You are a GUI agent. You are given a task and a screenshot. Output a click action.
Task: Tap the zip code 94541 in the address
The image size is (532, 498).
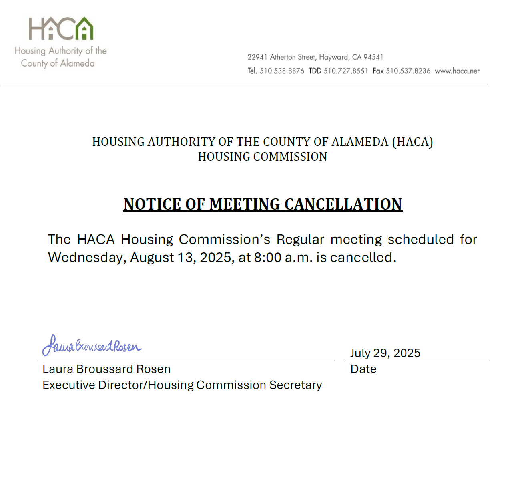tap(373, 57)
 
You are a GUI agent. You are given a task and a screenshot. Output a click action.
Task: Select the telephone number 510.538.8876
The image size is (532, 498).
tap(282, 71)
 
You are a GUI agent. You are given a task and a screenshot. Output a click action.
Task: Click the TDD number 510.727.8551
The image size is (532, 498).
tap(345, 71)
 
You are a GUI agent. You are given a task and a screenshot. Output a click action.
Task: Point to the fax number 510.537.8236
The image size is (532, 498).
tap(408, 71)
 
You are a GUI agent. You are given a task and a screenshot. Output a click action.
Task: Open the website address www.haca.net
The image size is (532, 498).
tap(457, 71)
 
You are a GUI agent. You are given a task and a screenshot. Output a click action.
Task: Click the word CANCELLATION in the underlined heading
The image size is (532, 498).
tap(343, 204)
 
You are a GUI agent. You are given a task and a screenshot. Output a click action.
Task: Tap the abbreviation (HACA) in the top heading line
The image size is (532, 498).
tap(412, 142)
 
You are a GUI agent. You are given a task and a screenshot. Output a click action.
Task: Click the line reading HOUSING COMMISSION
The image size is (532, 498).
tap(263, 157)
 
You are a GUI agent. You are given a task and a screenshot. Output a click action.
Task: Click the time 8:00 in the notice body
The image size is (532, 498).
tap(267, 257)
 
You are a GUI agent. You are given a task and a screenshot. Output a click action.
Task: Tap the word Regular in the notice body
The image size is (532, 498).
tap(300, 240)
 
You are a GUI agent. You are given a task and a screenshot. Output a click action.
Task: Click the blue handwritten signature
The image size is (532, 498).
tap(92, 345)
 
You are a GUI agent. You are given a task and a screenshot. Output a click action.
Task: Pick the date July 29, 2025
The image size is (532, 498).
tap(385, 353)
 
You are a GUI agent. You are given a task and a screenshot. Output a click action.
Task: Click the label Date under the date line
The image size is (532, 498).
tap(363, 369)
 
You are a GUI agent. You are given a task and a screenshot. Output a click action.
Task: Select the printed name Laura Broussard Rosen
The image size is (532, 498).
tap(106, 369)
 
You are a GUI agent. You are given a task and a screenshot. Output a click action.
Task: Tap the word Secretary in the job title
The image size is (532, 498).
tap(295, 385)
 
